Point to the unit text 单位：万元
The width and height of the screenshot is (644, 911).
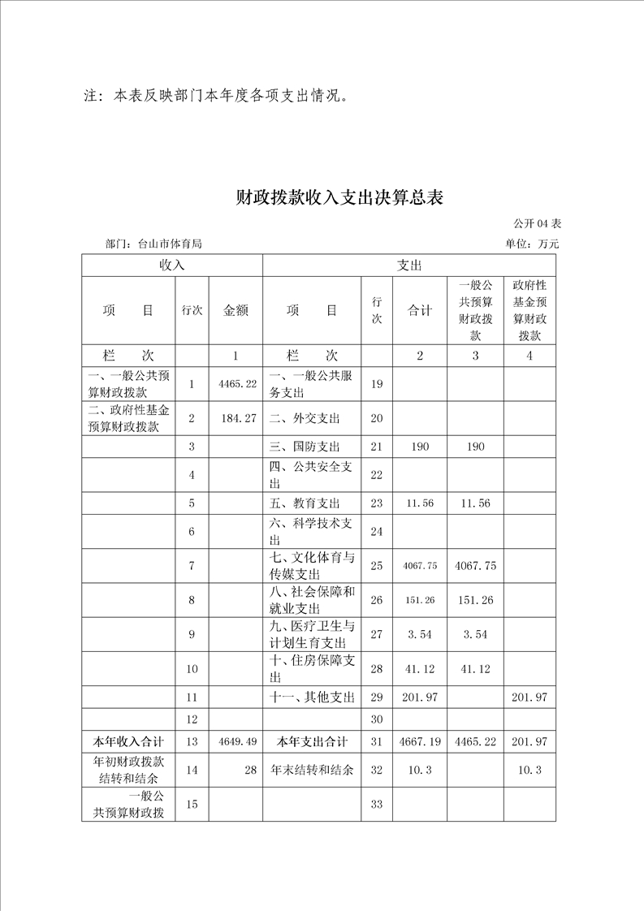(x=532, y=244)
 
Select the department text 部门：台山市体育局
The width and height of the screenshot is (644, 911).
(x=153, y=244)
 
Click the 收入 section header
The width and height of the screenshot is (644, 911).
(x=171, y=266)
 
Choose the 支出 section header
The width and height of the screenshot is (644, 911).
(x=408, y=266)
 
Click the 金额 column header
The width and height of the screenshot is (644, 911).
(x=236, y=310)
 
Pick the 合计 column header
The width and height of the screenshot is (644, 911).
(x=419, y=310)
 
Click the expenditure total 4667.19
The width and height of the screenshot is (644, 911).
(x=420, y=741)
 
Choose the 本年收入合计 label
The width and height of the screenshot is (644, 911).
(x=129, y=741)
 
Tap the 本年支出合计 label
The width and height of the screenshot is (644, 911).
(x=312, y=741)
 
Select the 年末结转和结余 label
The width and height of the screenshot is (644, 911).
(x=312, y=770)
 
